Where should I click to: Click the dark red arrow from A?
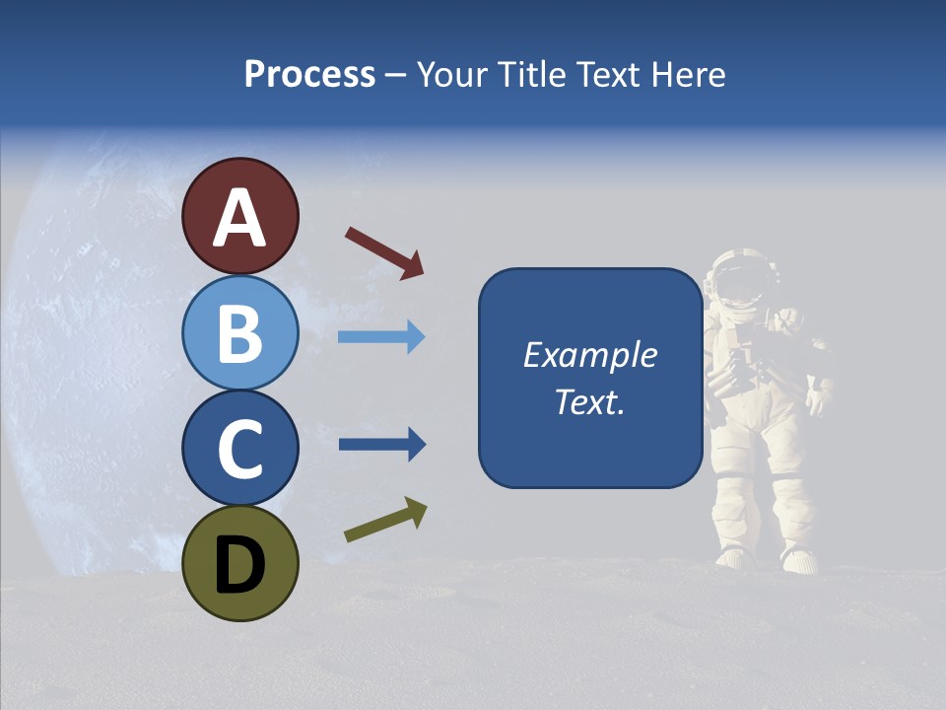384,252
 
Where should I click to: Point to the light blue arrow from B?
381,337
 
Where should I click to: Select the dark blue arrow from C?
381,444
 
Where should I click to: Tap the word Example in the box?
590,355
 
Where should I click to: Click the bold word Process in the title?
309,74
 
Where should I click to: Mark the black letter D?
239,565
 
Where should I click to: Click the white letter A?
239,218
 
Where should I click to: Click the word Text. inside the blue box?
590,402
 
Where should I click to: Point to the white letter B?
239,333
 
